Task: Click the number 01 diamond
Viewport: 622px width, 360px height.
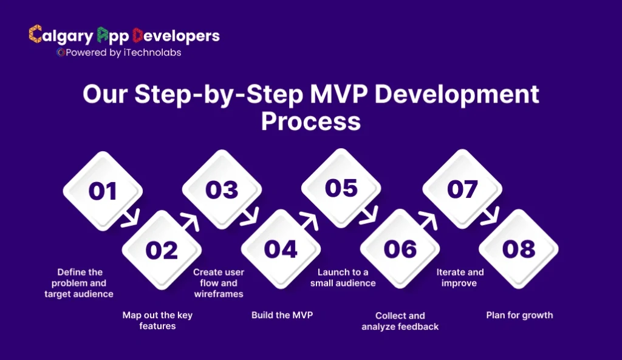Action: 103,191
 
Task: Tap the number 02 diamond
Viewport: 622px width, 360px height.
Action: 162,250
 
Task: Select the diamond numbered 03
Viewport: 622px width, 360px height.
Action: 222,190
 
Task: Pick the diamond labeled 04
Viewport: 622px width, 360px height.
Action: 281,250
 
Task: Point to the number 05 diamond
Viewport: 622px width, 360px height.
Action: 341,189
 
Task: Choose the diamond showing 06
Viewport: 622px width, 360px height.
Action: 400,249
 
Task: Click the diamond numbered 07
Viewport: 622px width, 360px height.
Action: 462,189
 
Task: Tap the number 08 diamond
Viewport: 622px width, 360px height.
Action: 519,249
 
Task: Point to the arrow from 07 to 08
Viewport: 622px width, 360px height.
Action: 490,218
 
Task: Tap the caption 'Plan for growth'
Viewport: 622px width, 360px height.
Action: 519,315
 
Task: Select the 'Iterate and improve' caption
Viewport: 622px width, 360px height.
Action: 460,277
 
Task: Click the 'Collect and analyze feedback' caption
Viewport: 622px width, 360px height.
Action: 400,321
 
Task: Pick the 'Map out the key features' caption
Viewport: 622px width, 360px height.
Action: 157,321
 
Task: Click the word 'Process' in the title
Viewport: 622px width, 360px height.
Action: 310,120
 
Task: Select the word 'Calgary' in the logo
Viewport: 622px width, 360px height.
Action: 59,36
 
